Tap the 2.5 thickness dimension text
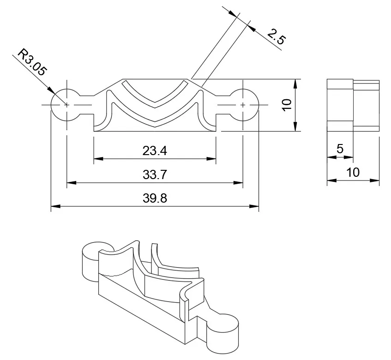(x=275, y=36)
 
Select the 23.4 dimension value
(x=155, y=150)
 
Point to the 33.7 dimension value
(x=155, y=175)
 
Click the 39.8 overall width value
(x=155, y=199)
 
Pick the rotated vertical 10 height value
(x=287, y=105)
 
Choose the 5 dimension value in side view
(x=340, y=149)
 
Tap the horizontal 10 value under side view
(x=353, y=173)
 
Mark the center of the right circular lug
(x=243, y=105)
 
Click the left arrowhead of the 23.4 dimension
(x=97, y=159)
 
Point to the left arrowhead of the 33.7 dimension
(x=70, y=183)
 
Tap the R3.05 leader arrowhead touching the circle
(x=53, y=91)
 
